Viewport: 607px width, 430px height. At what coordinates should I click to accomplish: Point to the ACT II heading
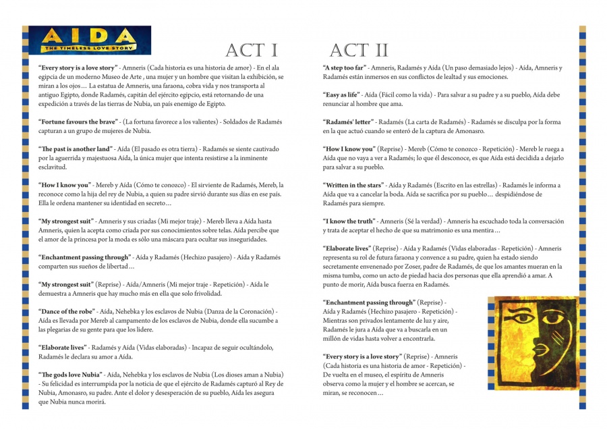point(359,50)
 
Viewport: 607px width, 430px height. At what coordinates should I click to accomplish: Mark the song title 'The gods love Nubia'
point(71,374)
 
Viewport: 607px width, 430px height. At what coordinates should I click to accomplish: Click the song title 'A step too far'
point(345,68)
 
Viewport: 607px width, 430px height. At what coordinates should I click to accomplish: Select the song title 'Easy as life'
point(342,95)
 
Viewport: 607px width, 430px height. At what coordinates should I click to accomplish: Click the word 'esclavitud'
point(53,166)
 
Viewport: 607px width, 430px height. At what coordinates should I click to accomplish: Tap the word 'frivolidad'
point(204,294)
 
